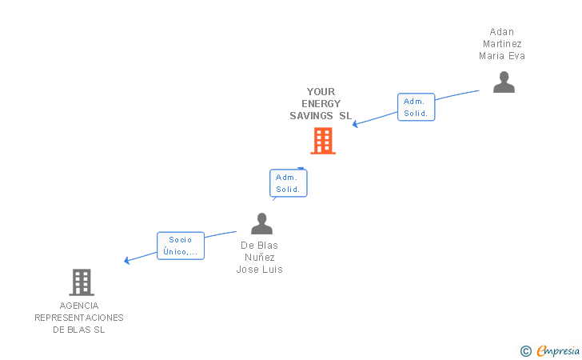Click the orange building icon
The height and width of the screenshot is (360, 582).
pyautogui.click(x=322, y=141)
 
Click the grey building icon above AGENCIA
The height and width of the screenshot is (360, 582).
pyautogui.click(x=82, y=282)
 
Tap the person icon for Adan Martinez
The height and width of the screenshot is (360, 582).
pyautogui.click(x=504, y=82)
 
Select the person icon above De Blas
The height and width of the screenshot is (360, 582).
pyautogui.click(x=261, y=224)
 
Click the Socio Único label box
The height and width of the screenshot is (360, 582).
pyautogui.click(x=181, y=246)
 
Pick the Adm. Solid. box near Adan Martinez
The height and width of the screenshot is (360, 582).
pyautogui.click(x=416, y=107)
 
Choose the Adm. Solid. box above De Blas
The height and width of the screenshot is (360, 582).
pyautogui.click(x=288, y=183)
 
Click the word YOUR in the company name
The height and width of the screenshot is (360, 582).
pyautogui.click(x=321, y=92)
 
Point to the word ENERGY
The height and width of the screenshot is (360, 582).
pyautogui.click(x=321, y=104)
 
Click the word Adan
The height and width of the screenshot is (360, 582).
pyautogui.click(x=502, y=32)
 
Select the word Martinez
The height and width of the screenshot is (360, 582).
pyautogui.click(x=502, y=44)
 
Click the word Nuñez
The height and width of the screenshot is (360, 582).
pyautogui.click(x=260, y=258)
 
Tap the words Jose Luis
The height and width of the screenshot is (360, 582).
pyautogui.click(x=260, y=270)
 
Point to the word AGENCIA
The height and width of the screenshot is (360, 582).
pyautogui.click(x=79, y=306)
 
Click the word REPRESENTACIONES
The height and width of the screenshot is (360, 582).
pyautogui.click(x=79, y=318)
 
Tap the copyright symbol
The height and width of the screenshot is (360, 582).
pyautogui.click(x=525, y=350)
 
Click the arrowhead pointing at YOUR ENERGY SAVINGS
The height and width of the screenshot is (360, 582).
pyautogui.click(x=356, y=124)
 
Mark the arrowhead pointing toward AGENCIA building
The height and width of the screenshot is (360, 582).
pyautogui.click(x=127, y=260)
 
